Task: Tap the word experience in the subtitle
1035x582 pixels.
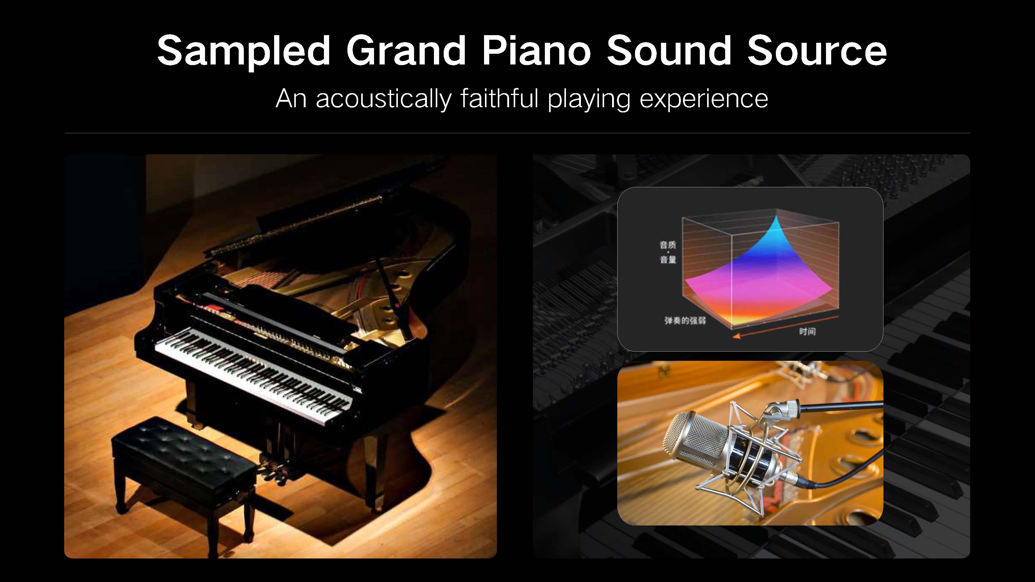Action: tap(703, 98)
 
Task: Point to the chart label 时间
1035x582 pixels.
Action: tap(807, 331)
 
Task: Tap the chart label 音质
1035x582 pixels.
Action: tap(668, 245)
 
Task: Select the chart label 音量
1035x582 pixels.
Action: tap(668, 259)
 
